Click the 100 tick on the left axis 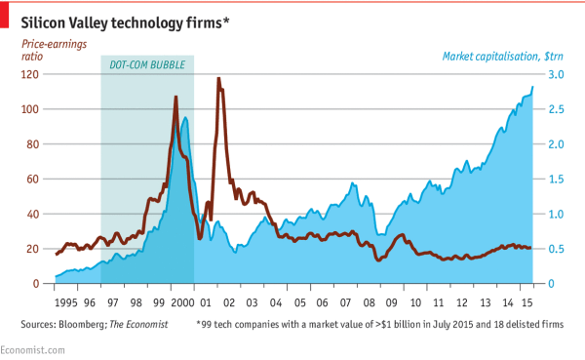36,109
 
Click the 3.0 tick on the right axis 553,74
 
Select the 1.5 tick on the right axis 553,180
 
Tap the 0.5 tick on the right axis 553,249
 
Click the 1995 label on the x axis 66,302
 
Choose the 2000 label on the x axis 182,302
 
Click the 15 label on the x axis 526,302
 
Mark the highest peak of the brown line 218,79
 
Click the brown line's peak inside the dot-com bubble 175,97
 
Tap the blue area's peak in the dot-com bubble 185,118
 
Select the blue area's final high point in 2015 532,88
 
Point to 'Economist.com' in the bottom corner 32,348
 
